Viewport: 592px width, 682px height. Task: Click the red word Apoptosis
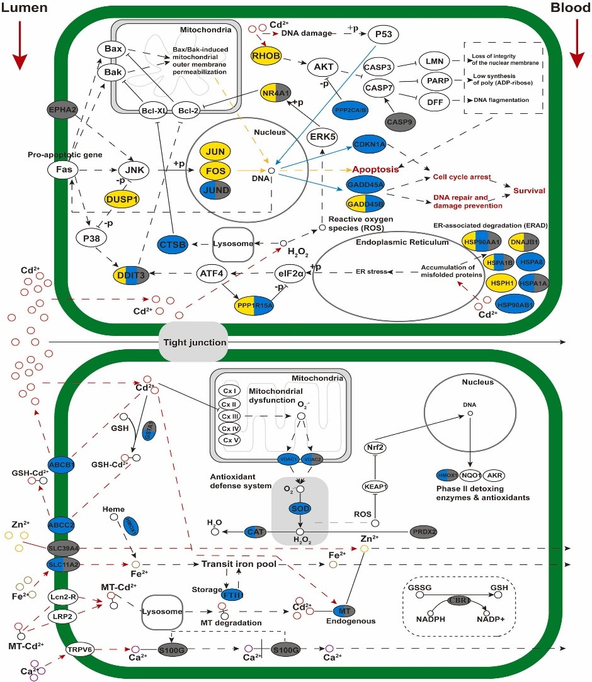coord(375,170)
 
